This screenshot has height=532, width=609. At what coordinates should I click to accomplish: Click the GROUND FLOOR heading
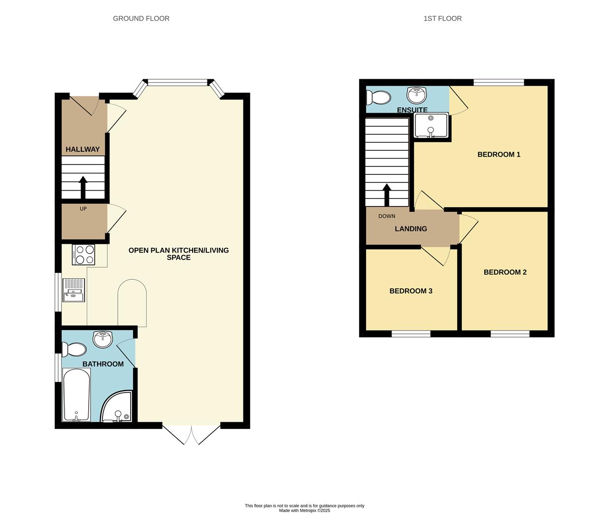(x=141, y=19)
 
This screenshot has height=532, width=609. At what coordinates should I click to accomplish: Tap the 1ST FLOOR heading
(x=442, y=19)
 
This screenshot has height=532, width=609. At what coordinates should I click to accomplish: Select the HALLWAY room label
(x=83, y=149)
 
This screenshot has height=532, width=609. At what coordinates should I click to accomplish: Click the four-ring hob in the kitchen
(x=83, y=255)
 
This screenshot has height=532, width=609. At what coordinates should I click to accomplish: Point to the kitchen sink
(x=74, y=290)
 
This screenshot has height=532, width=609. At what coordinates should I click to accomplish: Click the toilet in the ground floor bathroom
(x=75, y=350)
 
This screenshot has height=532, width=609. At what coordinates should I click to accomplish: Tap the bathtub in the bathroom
(x=76, y=396)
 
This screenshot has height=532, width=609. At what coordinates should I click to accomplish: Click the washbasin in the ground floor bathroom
(x=103, y=339)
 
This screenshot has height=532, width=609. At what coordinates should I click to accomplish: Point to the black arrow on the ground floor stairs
(x=83, y=187)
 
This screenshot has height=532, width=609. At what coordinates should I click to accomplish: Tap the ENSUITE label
(x=412, y=110)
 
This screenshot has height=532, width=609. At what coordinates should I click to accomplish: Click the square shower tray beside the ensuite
(x=431, y=126)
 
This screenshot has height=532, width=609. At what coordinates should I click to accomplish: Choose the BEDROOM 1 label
(x=499, y=155)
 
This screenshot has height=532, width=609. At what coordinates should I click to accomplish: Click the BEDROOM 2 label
(x=505, y=272)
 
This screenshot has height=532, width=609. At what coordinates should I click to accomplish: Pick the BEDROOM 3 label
(x=411, y=291)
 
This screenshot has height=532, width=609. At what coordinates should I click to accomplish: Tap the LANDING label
(x=411, y=229)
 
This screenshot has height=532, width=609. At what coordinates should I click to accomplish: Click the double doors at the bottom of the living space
(x=191, y=434)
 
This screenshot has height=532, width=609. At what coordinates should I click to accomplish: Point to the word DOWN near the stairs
(x=387, y=216)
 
